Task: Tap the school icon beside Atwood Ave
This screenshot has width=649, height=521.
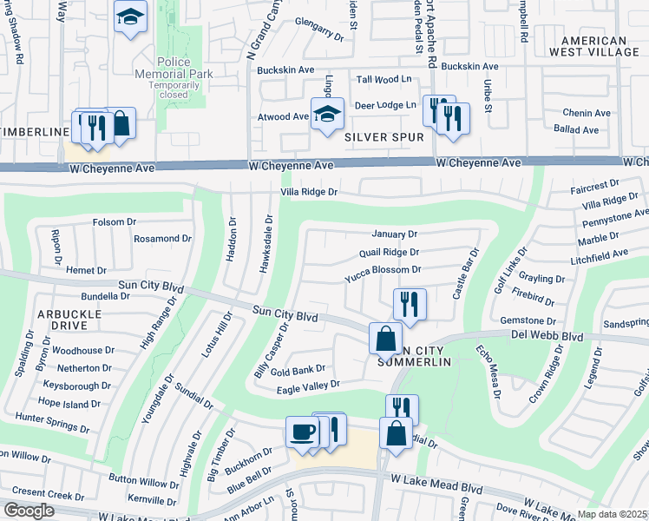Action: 327,115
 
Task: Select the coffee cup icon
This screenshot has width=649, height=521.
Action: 302,432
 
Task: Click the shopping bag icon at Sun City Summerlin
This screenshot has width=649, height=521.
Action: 385,337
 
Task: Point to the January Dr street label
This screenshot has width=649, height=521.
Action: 394,234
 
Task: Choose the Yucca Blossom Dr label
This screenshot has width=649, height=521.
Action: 383,271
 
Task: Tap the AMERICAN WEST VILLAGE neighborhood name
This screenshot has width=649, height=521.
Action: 600,47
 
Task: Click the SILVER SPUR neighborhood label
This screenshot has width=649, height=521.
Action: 384,137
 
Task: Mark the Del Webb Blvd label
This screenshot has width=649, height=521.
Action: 608,334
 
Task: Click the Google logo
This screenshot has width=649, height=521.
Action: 29,511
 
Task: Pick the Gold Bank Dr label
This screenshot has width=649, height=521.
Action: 298,370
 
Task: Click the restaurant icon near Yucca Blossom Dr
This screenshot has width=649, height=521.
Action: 408,304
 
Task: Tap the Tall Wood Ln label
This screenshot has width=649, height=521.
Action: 383,80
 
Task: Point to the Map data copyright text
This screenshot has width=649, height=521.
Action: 612,514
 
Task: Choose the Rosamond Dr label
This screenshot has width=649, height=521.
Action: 162,239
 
